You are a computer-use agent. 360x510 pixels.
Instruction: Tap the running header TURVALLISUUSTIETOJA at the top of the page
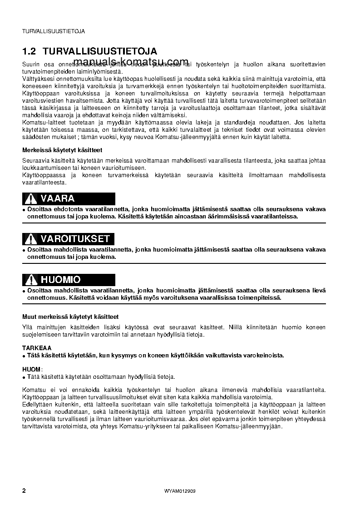(x=54, y=31)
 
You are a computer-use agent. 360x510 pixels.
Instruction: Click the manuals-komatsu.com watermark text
(x=130, y=62)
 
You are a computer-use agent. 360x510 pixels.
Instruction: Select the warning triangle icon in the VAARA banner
(x=30, y=199)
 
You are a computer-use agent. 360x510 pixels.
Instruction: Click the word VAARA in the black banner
(x=58, y=199)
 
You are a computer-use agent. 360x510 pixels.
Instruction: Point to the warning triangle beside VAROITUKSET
(x=30, y=239)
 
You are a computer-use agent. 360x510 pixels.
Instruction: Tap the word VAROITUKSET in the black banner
(x=75, y=239)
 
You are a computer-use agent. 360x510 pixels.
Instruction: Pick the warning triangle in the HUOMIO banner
(x=30, y=280)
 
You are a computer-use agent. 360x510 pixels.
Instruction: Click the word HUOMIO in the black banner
(x=60, y=280)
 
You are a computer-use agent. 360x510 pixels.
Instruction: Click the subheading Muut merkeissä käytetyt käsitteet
(x=70, y=317)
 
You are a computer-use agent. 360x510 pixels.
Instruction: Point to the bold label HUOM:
(x=32, y=369)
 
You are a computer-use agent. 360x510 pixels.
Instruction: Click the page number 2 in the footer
(x=25, y=491)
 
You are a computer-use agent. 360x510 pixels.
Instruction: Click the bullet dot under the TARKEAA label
(x=24, y=356)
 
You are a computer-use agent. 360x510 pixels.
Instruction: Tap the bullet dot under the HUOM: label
(x=24, y=377)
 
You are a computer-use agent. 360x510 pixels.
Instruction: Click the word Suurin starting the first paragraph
(x=31, y=65)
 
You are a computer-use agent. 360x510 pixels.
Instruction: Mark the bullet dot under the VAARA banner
(x=24, y=210)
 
